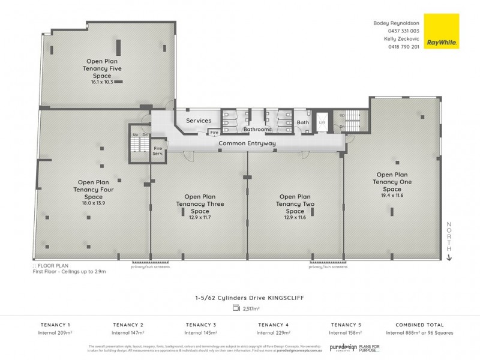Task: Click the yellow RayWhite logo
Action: click(441, 31)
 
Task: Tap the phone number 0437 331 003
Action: click(405, 31)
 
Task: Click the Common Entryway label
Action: click(247, 143)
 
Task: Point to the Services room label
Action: click(199, 121)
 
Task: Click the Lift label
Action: click(322, 122)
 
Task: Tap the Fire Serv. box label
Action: click(158, 151)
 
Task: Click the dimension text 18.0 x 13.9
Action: click(93, 203)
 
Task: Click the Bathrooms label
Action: click(257, 129)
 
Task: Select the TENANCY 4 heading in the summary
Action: click(271, 324)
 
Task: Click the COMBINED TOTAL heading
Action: click(419, 324)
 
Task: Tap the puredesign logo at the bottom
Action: click(343, 347)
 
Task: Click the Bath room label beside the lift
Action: click(302, 122)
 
